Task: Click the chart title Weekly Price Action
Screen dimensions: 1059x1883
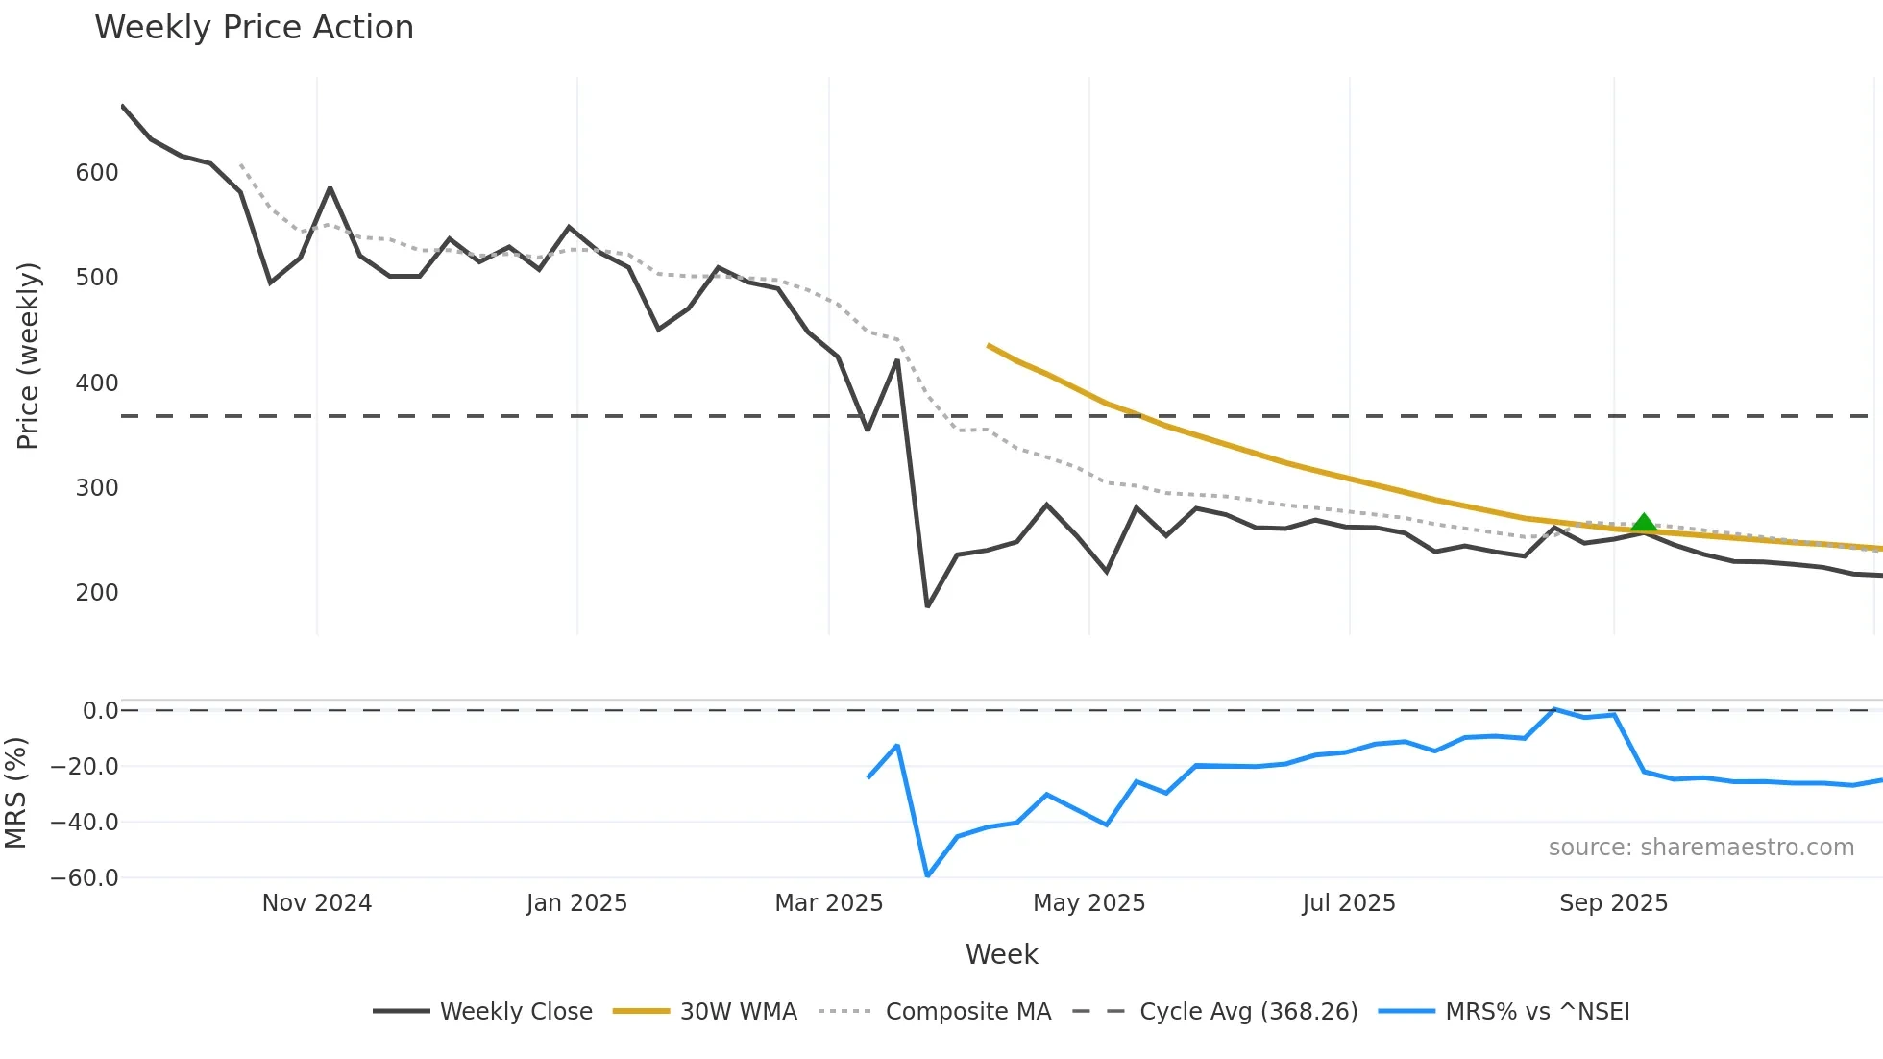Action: (254, 28)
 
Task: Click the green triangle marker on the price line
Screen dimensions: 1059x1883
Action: (1644, 524)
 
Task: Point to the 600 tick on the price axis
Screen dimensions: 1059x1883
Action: (97, 173)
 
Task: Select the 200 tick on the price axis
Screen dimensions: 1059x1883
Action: (97, 593)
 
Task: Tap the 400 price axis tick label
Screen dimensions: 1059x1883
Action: (97, 383)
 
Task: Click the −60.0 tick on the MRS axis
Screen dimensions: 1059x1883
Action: (85, 878)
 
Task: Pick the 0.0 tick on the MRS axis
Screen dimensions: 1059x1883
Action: (100, 711)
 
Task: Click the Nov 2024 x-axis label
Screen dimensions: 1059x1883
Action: (317, 903)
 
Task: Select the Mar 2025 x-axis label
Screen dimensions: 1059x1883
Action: (829, 903)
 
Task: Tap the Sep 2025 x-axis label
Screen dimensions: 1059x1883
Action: (1613, 903)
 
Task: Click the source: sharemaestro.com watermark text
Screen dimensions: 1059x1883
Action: (1700, 848)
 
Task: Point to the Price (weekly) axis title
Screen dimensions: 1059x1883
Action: (28, 356)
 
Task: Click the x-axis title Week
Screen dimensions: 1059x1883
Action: (1001, 954)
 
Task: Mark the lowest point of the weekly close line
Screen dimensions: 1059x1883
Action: (927, 606)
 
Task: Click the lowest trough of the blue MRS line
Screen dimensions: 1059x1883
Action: (927, 875)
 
